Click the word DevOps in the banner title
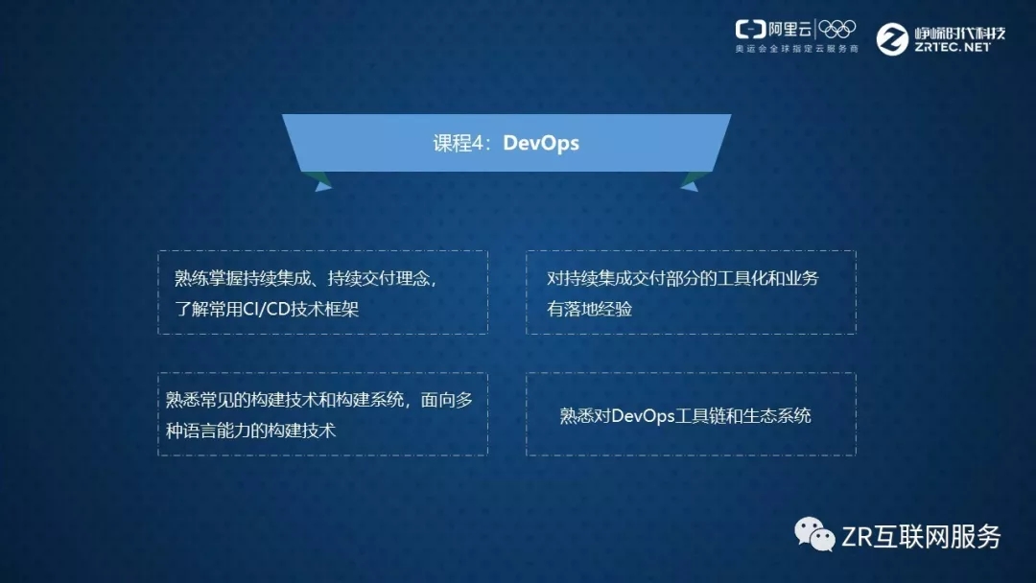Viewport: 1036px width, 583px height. tap(541, 143)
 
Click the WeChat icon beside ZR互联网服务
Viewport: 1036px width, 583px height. tap(814, 534)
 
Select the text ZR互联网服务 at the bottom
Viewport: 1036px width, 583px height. tap(922, 537)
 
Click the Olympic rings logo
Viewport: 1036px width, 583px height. tap(837, 29)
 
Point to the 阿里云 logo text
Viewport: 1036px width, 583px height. tap(789, 29)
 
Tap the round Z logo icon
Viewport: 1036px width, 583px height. tap(892, 39)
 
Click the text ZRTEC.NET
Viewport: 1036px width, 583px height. tap(953, 47)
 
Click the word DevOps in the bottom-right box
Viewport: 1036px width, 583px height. tap(643, 416)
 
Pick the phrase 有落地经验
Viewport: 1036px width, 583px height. tap(589, 309)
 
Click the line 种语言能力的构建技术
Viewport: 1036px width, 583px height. tap(250, 431)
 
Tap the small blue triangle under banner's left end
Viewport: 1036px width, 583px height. tap(323, 187)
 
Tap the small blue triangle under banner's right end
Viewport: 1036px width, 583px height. tap(689, 187)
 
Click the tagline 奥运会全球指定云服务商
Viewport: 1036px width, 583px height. tap(797, 49)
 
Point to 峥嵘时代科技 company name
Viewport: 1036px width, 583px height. tap(960, 33)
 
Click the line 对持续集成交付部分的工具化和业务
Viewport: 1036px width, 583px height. tap(683, 279)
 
